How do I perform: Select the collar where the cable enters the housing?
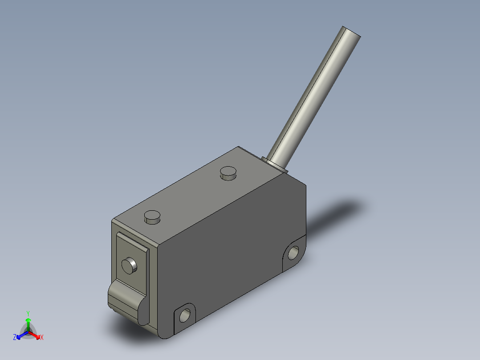tap(277, 164)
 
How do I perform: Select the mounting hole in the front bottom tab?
tap(184, 316)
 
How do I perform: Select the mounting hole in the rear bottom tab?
tap(294, 253)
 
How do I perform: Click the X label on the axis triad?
tap(42, 338)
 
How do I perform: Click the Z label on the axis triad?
tap(15, 338)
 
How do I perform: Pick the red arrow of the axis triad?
tap(36, 335)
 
